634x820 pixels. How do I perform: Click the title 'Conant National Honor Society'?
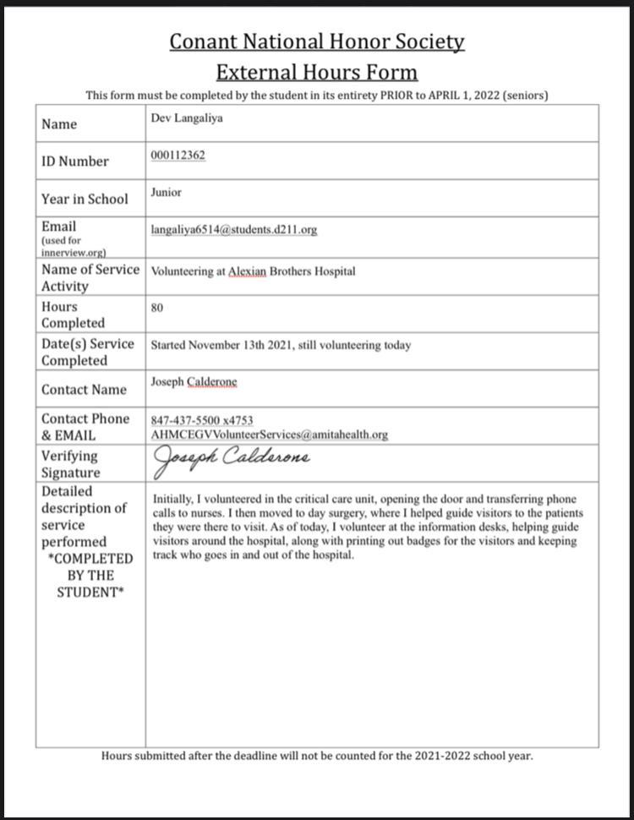(x=317, y=41)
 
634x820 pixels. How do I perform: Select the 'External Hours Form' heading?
(x=317, y=71)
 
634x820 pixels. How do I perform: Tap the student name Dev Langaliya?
(x=187, y=119)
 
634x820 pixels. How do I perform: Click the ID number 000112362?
(x=178, y=156)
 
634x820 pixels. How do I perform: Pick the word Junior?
(x=167, y=193)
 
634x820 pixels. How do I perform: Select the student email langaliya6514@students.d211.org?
(x=234, y=230)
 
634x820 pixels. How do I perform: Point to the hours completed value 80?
(x=157, y=309)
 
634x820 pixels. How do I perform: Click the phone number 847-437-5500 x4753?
(x=202, y=420)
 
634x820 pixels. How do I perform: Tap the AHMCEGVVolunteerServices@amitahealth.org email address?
(x=269, y=435)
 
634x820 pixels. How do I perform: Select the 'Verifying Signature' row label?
(x=71, y=464)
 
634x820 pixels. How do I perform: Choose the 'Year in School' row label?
(x=85, y=200)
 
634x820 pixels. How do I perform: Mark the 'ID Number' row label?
(x=75, y=161)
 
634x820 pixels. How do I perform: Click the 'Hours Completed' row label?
(x=73, y=314)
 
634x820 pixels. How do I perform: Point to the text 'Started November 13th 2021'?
(x=222, y=346)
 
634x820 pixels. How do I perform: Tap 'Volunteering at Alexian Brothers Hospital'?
(x=253, y=271)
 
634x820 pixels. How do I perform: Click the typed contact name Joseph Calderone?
(x=194, y=382)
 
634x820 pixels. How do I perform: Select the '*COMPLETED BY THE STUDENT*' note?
(x=90, y=575)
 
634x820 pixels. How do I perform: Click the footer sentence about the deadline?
(x=317, y=756)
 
